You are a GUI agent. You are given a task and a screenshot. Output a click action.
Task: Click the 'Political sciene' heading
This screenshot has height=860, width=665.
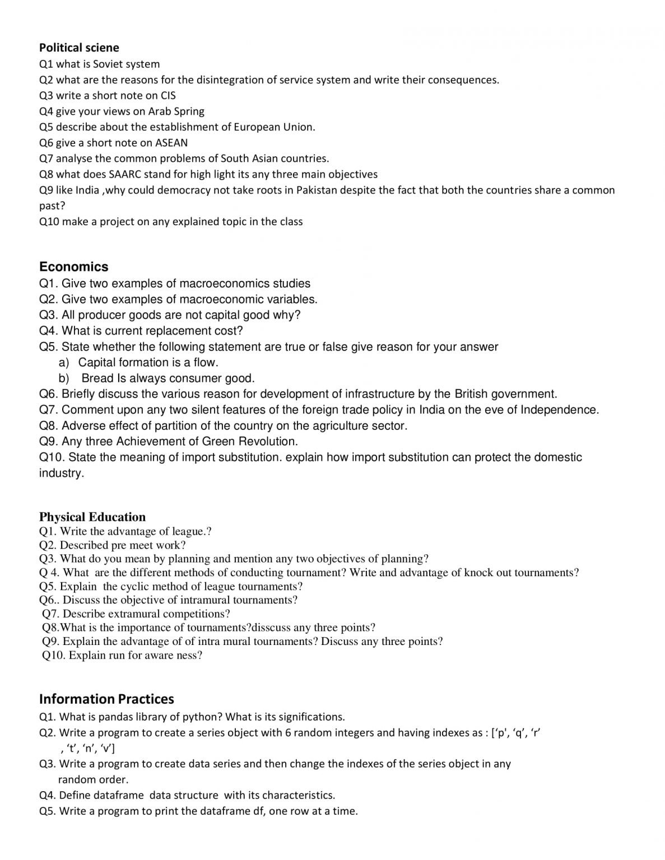[x=79, y=48]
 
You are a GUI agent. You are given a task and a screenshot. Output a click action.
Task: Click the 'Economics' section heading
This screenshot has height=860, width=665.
[x=73, y=267]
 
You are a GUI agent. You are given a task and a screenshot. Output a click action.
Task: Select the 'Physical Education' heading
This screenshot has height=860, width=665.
[x=92, y=517]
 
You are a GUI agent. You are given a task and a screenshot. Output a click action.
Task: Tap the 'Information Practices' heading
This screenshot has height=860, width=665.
[x=106, y=699]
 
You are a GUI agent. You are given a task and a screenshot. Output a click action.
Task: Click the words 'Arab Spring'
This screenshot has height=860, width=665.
[x=176, y=111]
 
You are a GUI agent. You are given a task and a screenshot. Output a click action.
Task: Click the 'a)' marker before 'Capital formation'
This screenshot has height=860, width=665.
[x=64, y=362]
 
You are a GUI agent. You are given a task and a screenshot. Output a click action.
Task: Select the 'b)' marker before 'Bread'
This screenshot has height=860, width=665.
[x=64, y=378]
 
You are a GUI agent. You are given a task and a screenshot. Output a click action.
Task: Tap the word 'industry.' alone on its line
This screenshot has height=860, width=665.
[x=62, y=473]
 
